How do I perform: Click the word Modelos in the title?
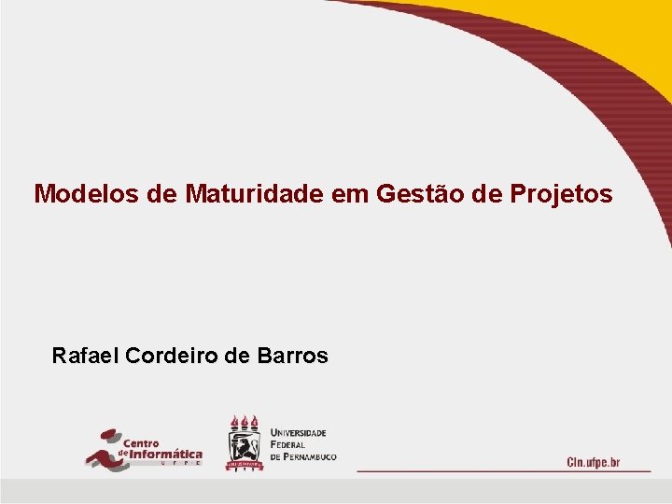[77, 194]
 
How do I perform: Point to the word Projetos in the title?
[562, 194]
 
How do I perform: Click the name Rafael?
[85, 356]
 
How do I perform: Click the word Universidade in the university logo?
[299, 433]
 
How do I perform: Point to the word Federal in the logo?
[287, 444]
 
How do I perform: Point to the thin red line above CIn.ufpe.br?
[504, 471]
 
